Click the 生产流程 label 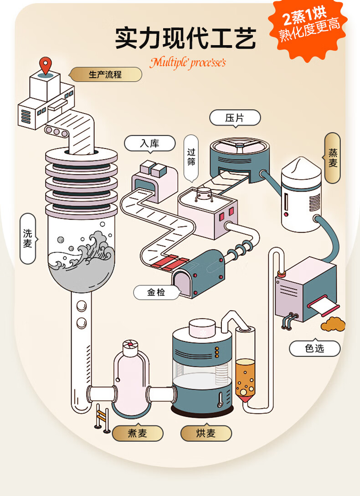[105, 74]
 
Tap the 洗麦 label [28, 238]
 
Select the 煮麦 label [137, 433]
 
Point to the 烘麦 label [206, 433]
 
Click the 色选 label [314, 349]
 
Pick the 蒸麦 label [333, 158]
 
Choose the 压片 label [235, 118]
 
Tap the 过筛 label [191, 157]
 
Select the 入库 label [149, 143]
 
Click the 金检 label [156, 293]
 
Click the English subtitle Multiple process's [187, 62]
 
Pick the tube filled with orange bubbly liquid [245, 378]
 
